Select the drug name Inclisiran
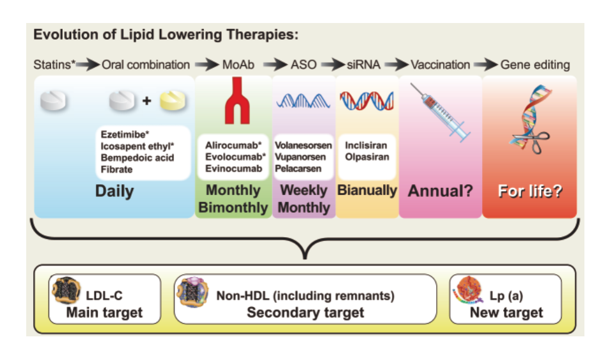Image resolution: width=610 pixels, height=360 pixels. point(366,146)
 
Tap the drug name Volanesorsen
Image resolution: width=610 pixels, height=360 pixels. point(304,146)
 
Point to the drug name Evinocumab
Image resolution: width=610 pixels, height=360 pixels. point(233,169)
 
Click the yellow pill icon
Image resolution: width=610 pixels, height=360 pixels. point(173,100)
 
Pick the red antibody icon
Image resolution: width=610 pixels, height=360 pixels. point(237,100)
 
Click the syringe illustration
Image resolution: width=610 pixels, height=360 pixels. point(440,113)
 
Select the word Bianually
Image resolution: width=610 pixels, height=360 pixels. point(367,191)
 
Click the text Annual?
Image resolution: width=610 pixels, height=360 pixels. point(440,191)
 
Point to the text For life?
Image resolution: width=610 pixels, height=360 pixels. point(530,191)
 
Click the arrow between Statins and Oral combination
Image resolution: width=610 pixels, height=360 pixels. point(88,65)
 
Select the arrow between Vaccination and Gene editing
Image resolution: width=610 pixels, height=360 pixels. point(485,65)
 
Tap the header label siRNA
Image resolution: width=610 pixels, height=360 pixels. point(363,65)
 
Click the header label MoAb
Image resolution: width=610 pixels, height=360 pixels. point(238,65)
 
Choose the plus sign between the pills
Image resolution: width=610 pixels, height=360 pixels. point(146,101)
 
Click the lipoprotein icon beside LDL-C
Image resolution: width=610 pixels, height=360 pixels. point(66,290)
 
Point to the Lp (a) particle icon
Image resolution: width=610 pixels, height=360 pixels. point(468,290)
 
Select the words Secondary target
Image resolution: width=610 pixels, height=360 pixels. point(306,313)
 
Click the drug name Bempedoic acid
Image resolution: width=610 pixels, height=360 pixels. point(137,158)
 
